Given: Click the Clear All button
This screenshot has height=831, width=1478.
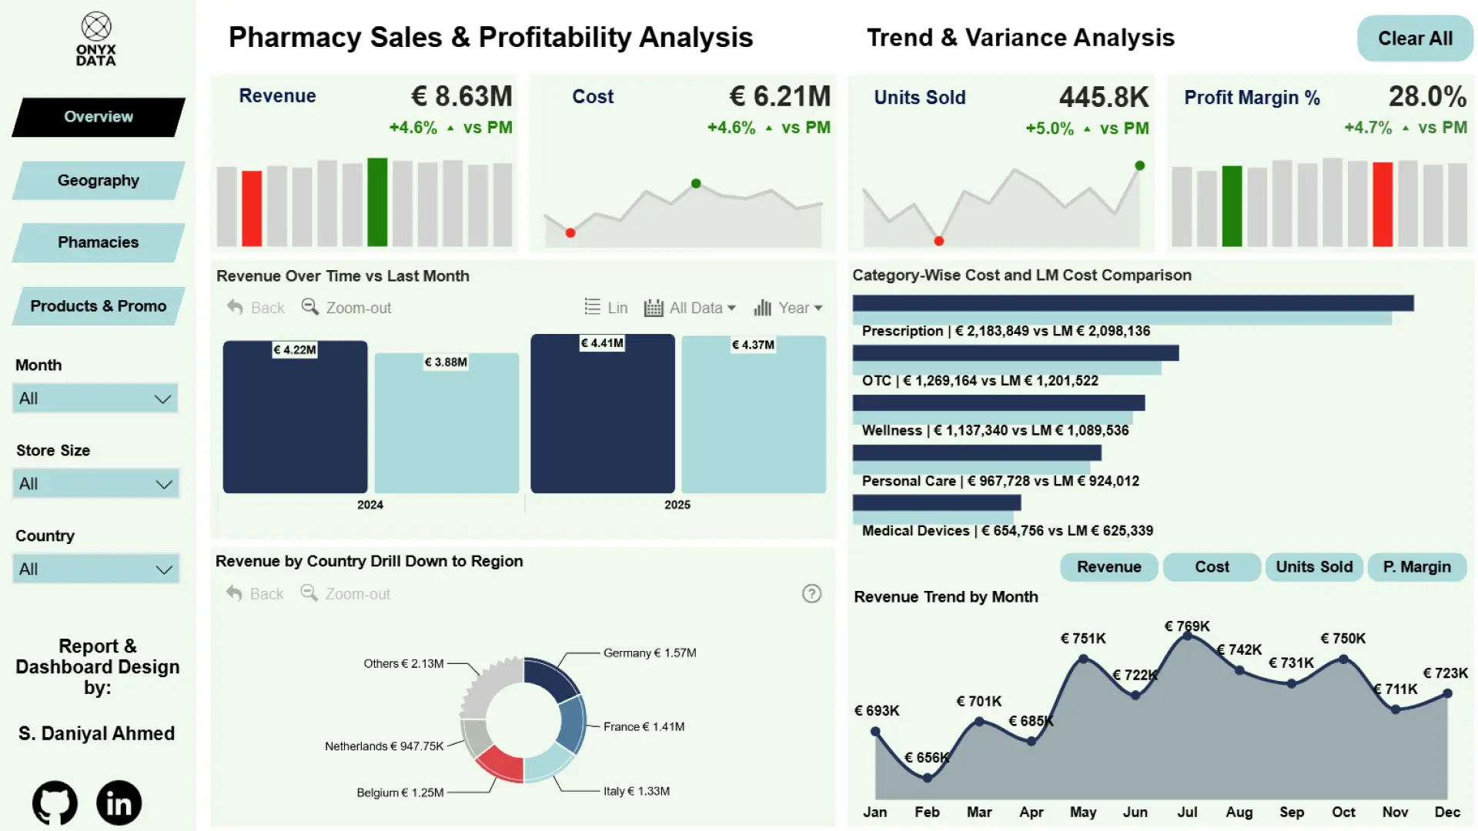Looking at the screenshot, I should tap(1415, 38).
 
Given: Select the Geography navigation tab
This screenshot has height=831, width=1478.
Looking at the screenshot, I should tap(99, 180).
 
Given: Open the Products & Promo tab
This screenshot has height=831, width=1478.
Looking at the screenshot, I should tap(99, 306).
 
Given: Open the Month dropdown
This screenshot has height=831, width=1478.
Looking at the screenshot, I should tap(95, 399).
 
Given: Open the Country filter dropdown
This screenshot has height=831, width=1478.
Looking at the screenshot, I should tap(95, 569).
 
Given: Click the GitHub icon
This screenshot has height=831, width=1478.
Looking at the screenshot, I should tap(55, 803).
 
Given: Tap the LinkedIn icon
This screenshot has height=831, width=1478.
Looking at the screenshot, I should tap(119, 803).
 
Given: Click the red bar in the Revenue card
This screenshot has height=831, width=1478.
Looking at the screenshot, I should tap(252, 208).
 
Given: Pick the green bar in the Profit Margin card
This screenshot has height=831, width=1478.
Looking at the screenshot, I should tap(1232, 205).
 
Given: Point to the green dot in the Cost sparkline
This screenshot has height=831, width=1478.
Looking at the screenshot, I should tap(696, 183).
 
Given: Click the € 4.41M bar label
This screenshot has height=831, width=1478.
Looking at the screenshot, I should tap(602, 343).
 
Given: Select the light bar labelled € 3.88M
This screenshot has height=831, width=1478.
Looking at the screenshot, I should tap(446, 423).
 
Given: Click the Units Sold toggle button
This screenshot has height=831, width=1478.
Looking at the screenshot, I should tap(1313, 567).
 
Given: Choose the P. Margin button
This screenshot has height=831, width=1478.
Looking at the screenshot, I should tap(1416, 567).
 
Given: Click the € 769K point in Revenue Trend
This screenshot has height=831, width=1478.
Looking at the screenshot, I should tap(1187, 636).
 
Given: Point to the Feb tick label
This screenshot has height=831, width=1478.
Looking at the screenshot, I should tap(927, 812).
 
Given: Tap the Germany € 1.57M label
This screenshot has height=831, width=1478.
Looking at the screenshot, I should tap(649, 653).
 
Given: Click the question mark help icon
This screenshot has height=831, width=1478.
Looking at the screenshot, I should tap(811, 594).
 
